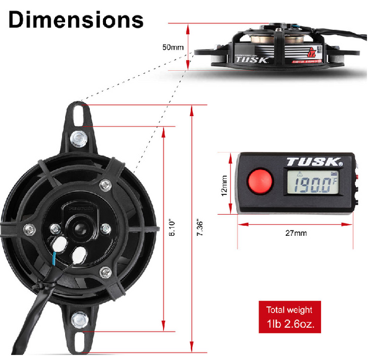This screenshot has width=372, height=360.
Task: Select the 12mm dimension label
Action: point(224,184)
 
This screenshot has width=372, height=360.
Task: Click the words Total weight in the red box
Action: point(290,309)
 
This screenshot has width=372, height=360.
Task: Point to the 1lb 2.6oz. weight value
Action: point(290,324)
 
